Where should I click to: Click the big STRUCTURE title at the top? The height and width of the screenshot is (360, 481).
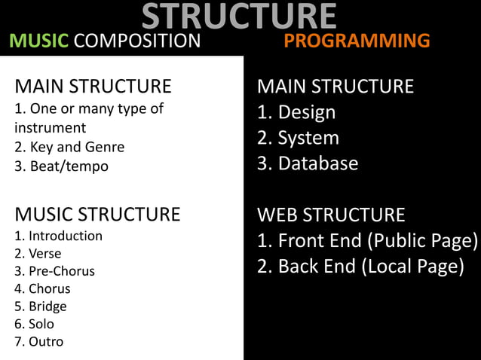tap(238, 17)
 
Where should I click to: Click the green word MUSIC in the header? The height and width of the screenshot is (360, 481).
tap(38, 41)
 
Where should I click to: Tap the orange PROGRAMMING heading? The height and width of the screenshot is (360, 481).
tap(357, 41)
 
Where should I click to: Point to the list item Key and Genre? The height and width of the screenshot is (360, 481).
tap(69, 147)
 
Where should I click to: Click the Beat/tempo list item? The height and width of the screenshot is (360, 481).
tap(61, 166)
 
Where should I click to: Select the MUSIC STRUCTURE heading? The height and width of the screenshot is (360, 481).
tap(97, 215)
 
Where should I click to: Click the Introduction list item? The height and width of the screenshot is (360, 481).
tap(58, 236)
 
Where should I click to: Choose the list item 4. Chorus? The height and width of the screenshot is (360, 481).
tap(42, 288)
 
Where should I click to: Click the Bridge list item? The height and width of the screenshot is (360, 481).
tap(41, 307)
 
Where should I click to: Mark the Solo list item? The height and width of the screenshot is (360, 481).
tap(35, 324)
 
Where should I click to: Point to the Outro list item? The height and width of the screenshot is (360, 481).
tap(38, 342)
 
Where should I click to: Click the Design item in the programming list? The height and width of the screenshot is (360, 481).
tap(296, 113)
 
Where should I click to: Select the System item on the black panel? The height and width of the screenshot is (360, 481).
tap(298, 139)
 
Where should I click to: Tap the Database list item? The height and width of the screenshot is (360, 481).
tap(308, 163)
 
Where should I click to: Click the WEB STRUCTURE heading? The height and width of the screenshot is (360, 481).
tap(331, 215)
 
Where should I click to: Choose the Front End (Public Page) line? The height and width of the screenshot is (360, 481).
tap(367, 241)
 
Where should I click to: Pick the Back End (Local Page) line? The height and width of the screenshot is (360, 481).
tap(360, 267)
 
